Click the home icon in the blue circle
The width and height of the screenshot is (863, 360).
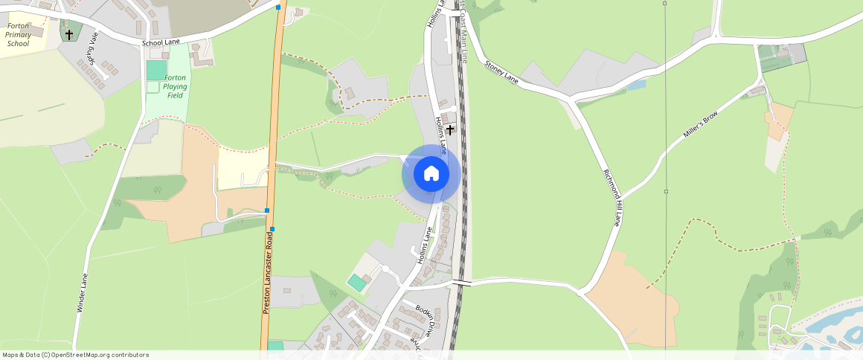tap(431, 174)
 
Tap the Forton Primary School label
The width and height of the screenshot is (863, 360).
tap(18, 34)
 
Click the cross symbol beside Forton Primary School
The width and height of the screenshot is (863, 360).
tap(69, 34)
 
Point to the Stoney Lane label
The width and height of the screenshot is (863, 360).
tap(501, 71)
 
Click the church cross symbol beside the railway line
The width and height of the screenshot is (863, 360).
tap(450, 130)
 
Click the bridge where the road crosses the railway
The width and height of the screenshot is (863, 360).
tap(462, 283)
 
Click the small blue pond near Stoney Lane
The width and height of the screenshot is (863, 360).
tap(635, 85)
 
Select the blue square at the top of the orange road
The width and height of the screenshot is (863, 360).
tap(278, 7)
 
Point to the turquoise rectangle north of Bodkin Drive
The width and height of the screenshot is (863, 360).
tap(358, 283)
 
